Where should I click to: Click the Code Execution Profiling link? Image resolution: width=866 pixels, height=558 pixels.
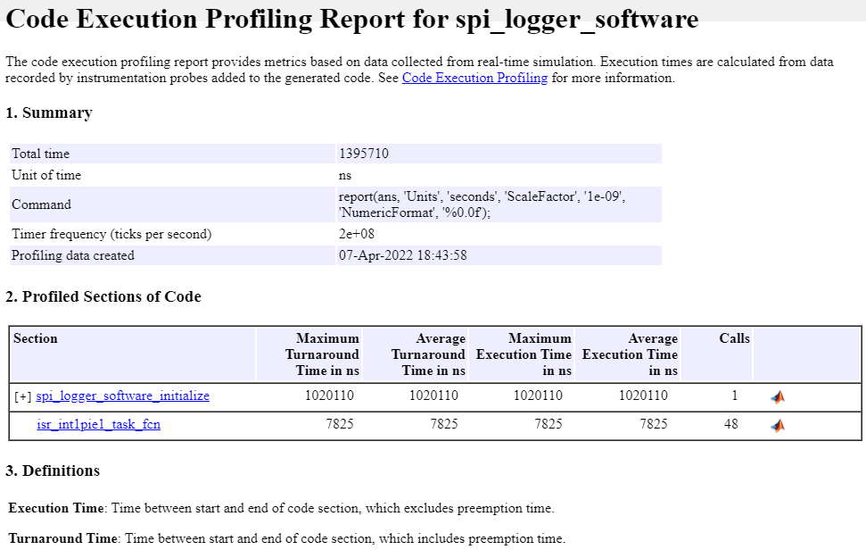(474, 78)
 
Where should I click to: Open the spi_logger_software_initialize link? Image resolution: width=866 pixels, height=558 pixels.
(122, 396)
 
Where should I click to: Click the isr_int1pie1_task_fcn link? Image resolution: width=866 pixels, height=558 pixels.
(98, 424)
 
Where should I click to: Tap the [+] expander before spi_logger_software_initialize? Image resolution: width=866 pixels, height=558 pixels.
(23, 396)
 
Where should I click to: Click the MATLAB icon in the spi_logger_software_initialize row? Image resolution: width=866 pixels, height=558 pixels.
(778, 396)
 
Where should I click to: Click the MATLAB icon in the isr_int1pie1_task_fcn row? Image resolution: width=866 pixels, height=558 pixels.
(778, 425)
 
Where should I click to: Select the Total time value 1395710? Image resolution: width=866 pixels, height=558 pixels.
(363, 154)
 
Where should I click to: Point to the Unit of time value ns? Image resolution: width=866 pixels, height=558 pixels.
(345, 175)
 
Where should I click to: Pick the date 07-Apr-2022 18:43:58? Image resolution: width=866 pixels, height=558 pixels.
(402, 255)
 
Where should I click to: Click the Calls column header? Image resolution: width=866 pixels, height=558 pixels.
(734, 338)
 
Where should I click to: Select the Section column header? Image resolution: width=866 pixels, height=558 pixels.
(36, 338)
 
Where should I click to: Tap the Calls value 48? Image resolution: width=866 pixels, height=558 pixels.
(730, 424)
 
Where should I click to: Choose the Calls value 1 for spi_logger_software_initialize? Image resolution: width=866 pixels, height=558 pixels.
(734, 396)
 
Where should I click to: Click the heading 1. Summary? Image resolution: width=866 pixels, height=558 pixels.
(48, 112)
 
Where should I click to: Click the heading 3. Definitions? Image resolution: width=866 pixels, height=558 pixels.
(53, 471)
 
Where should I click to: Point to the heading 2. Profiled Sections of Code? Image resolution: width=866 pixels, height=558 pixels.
(103, 296)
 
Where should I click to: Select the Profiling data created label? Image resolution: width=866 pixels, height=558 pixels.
(72, 255)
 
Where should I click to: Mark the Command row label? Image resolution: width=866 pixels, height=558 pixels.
(41, 204)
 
